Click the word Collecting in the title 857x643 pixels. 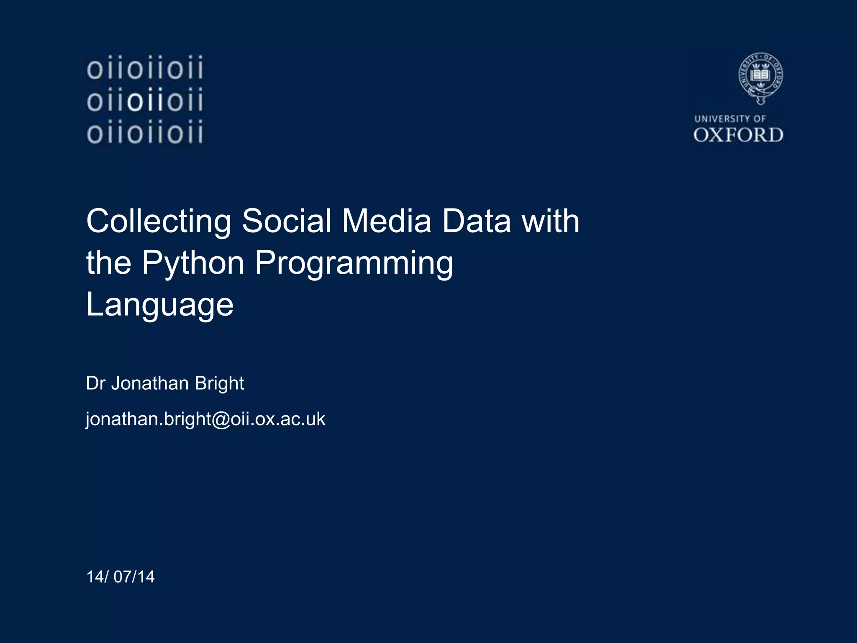[159, 221]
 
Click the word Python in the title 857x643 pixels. [193, 263]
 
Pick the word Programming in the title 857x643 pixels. [354, 263]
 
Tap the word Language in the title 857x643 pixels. [159, 305]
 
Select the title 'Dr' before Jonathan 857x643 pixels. [95, 383]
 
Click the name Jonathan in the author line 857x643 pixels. [150, 383]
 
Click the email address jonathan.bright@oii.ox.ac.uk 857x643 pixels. [205, 419]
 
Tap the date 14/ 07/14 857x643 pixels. [121, 577]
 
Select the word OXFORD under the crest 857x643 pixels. [738, 135]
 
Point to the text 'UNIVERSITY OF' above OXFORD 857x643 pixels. [730, 119]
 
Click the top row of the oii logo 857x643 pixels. [145, 68]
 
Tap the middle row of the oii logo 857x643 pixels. [145, 101]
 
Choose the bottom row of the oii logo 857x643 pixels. [145, 133]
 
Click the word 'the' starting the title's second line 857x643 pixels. [108, 263]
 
